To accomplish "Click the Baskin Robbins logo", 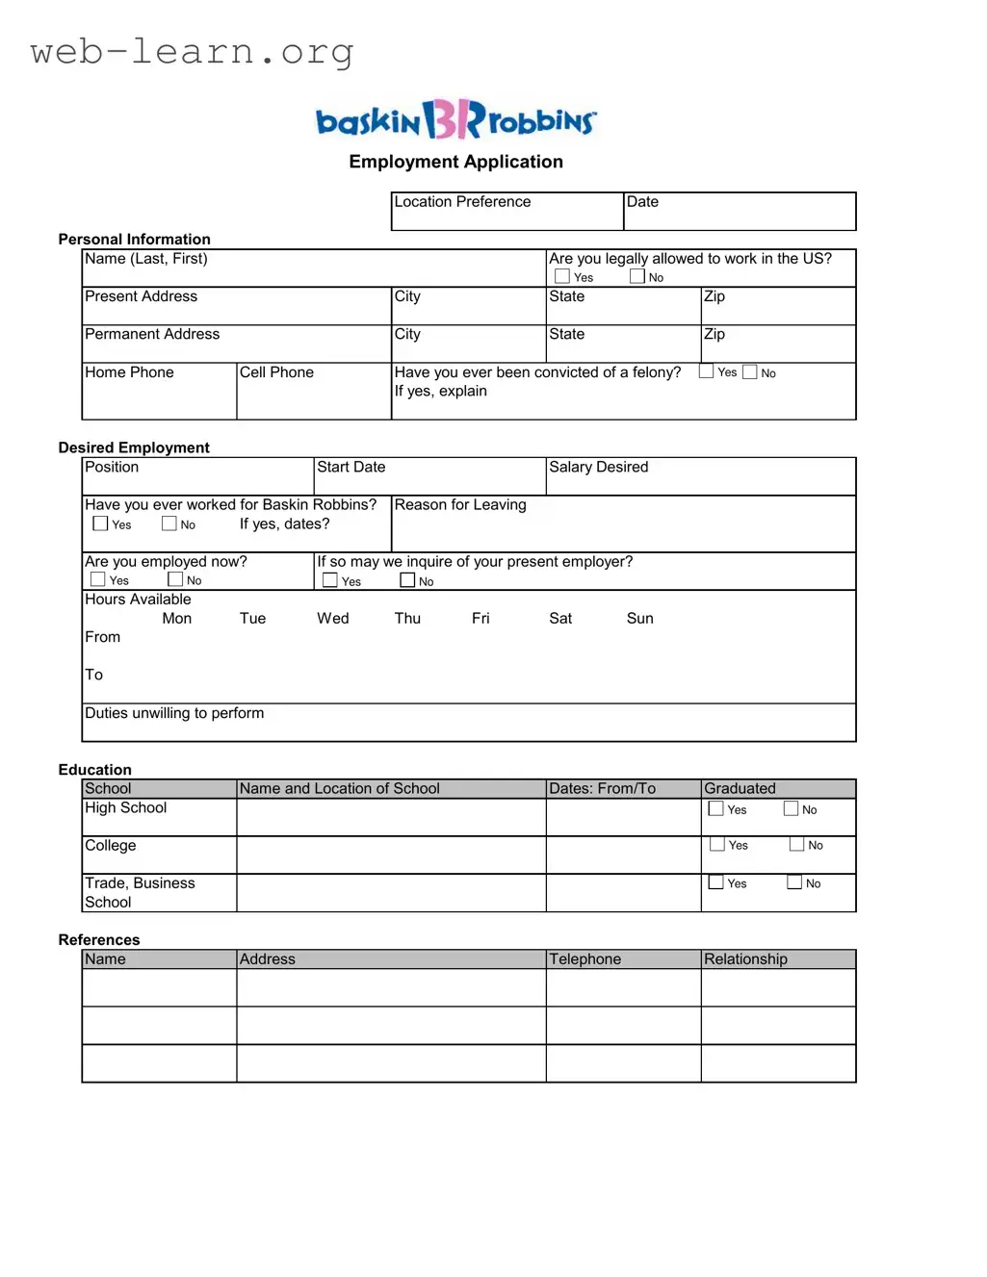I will pos(455,120).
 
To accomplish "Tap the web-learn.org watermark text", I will pos(192,51).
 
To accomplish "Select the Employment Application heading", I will pos(455,162).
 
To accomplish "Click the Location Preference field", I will pos(506,212).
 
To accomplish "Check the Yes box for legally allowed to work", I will pos(562,276).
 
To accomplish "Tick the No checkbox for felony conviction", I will pos(750,372).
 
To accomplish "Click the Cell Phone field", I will pos(313,392).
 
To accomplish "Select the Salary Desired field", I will pos(700,476).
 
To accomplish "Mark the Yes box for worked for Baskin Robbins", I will pos(100,524).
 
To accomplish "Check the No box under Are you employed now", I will pos(175,579).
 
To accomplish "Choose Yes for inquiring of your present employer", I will pos(330,580).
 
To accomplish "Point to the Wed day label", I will pos(333,619).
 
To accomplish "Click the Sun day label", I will pos(639,619).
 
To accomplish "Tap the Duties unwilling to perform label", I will pos(174,713).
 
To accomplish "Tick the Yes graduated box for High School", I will pos(716,809).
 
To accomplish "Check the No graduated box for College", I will pos(796,845).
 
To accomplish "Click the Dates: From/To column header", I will pos(602,789).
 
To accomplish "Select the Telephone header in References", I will pos(585,959).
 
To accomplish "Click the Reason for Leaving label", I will pos(460,505).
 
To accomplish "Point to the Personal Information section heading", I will pos(134,240).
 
